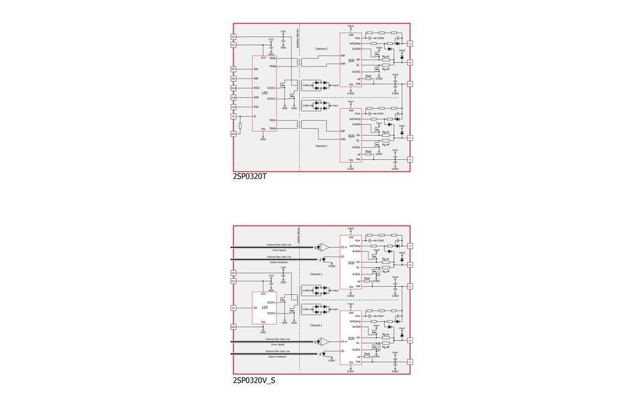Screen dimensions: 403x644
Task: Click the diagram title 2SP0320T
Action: [250, 177]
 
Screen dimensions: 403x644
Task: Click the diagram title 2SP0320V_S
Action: [254, 381]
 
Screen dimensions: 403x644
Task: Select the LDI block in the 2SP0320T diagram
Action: [265, 93]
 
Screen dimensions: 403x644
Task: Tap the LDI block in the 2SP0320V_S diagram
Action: [265, 307]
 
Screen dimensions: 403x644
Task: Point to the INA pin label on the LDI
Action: [256, 69]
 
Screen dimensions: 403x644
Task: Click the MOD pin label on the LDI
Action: [256, 88]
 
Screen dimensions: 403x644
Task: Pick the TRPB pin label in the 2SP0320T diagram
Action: [272, 58]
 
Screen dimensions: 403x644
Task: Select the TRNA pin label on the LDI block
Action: [272, 128]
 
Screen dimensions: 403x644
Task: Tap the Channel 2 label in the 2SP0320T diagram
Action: [321, 49]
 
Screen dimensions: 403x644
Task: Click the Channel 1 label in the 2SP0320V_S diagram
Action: [316, 325]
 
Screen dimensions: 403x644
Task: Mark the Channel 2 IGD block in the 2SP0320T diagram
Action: [352, 60]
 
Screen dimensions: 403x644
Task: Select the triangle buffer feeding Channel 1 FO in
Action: [325, 342]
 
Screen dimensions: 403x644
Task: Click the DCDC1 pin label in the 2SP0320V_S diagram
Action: [272, 303]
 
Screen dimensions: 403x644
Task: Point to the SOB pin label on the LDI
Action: [256, 97]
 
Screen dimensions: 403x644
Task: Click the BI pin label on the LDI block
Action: [255, 116]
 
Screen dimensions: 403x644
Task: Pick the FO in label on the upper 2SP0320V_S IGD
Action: [344, 247]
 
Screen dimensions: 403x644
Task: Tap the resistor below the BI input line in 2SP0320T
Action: [240, 126]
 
